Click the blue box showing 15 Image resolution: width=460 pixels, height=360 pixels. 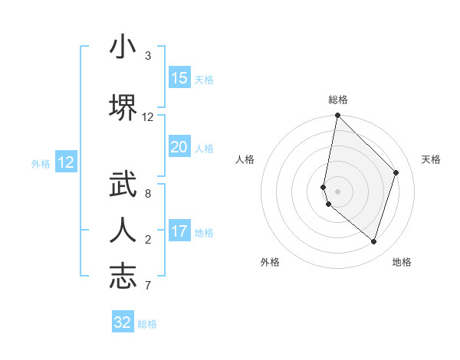tap(179, 78)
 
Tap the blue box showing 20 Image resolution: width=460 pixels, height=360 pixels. tap(179, 147)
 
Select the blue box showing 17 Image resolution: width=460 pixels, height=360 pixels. tap(179, 231)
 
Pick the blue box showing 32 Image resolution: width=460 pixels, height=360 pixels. tap(123, 322)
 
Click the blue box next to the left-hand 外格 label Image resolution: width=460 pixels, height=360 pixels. tap(66, 162)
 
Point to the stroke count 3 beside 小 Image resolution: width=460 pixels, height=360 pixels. tap(147, 56)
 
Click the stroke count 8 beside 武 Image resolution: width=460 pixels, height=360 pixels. tap(147, 193)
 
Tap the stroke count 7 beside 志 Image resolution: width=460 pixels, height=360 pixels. tap(147, 286)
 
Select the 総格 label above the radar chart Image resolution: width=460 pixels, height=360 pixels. tap(337, 100)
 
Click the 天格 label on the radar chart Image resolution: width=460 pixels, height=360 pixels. tap(431, 159)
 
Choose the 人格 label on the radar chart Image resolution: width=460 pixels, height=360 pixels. tap(245, 159)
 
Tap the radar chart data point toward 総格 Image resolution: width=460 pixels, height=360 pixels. tap(337, 116)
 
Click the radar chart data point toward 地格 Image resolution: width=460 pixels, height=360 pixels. tap(373, 241)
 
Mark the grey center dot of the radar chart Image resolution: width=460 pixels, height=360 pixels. tap(337, 191)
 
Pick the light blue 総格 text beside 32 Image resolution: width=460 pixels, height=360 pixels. tap(147, 324)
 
